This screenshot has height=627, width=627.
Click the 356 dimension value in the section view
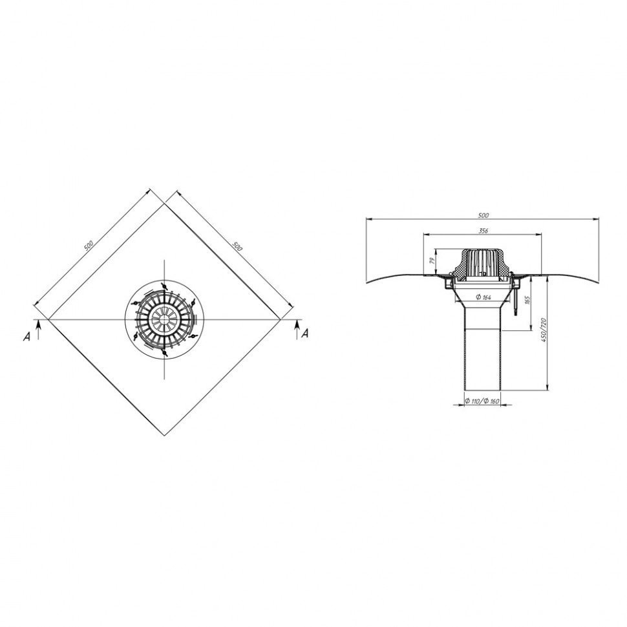[483, 230]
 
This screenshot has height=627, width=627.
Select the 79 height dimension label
[431, 262]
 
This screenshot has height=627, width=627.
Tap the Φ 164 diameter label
[483, 297]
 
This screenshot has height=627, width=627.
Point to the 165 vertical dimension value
[527, 300]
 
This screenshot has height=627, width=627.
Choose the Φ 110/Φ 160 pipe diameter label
[482, 401]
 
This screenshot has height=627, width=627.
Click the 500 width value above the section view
[484, 215]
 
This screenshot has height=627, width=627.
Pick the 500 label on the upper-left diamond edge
[89, 245]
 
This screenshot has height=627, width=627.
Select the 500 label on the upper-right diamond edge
[237, 246]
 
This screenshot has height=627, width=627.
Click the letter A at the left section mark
[27, 337]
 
